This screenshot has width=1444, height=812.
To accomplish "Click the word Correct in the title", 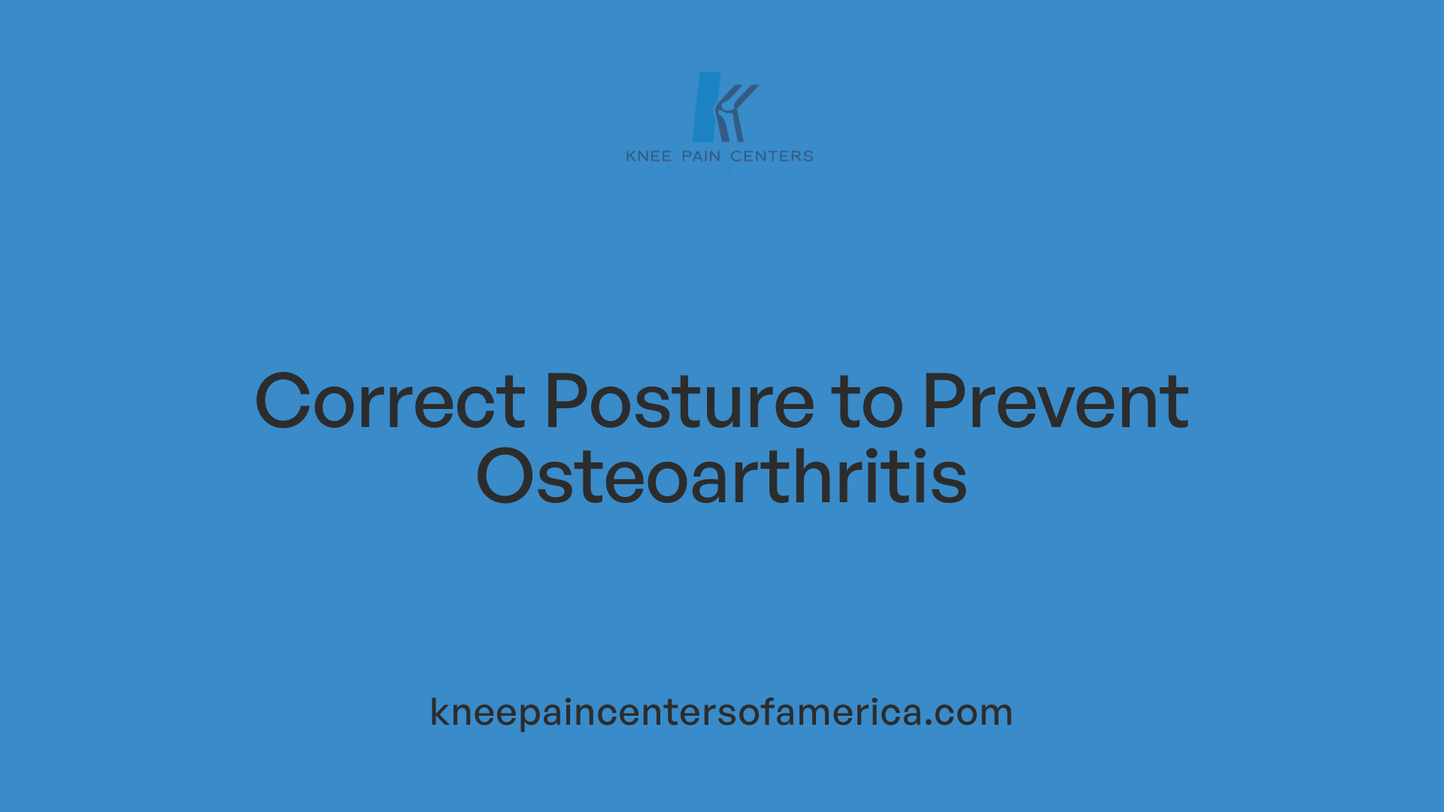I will click(390, 402).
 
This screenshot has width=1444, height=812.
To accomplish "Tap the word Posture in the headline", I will click(679, 402).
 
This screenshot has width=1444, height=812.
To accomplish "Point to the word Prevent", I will click(1055, 402).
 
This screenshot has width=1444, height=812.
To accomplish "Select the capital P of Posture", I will click(565, 401).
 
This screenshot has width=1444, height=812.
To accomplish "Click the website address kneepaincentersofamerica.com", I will click(721, 712).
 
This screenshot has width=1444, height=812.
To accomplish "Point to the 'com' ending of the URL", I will click(975, 713).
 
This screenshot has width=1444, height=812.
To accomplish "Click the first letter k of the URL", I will click(438, 711).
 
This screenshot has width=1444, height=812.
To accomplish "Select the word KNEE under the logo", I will click(648, 156).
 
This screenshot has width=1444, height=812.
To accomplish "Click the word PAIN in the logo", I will click(701, 156).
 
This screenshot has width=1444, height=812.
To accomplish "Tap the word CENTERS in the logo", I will click(772, 156).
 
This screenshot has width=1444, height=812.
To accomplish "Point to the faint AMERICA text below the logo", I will click(742, 171).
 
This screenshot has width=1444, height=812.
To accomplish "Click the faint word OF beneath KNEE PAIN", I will click(658, 171).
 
